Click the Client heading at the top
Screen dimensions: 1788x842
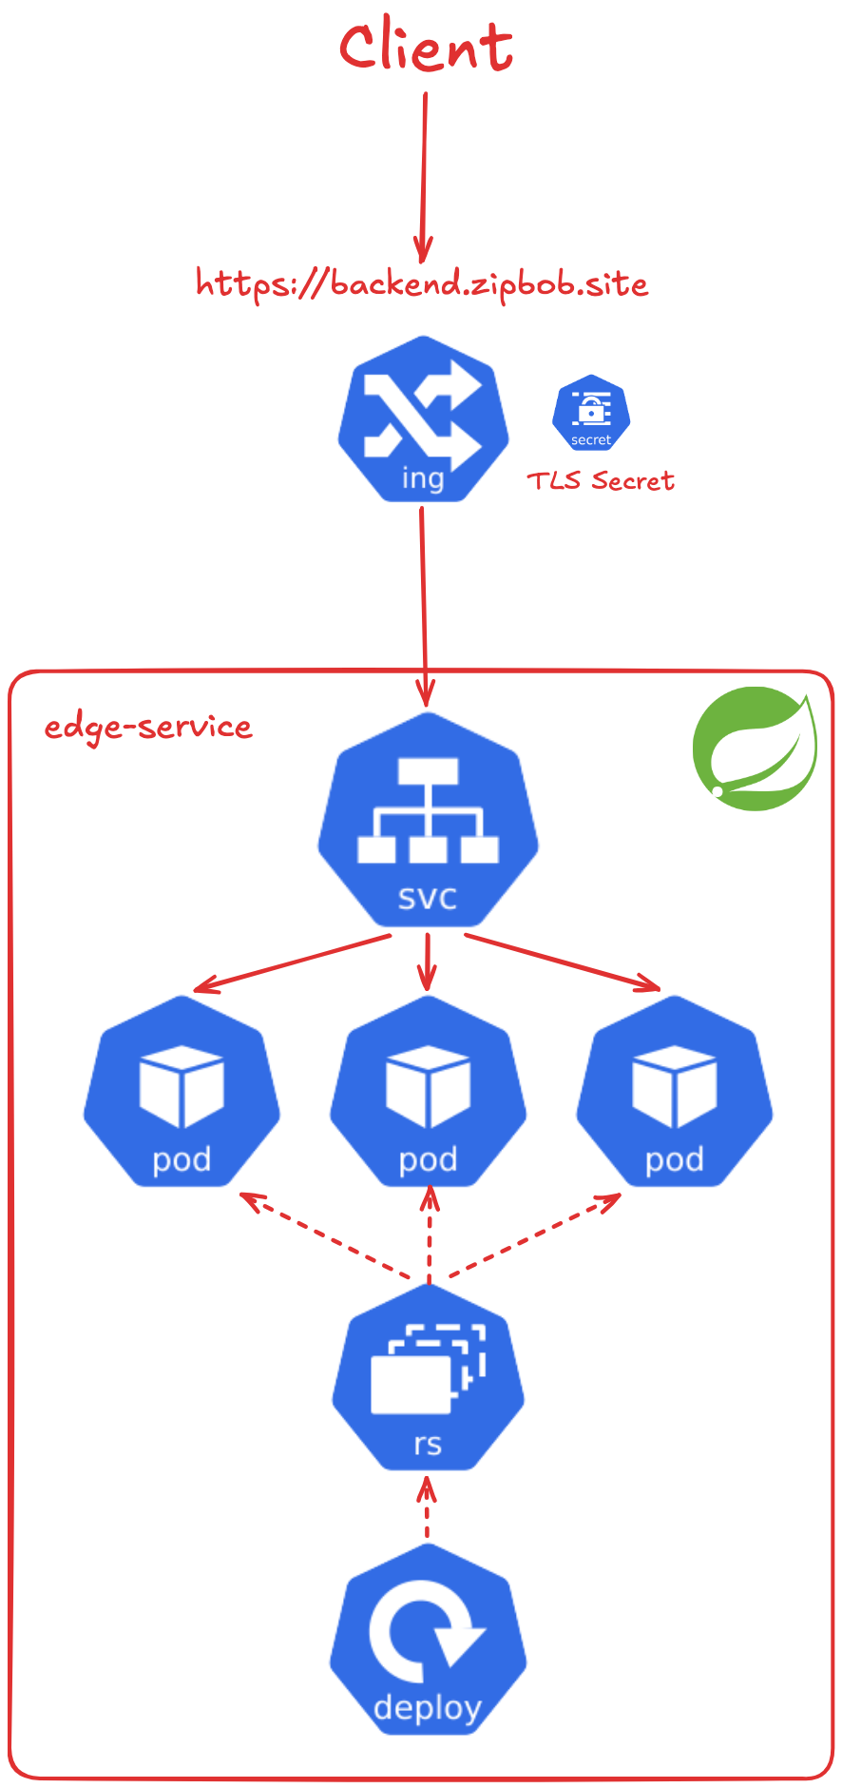click(426, 48)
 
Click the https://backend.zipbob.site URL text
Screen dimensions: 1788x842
click(422, 283)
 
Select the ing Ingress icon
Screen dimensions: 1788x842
click(424, 418)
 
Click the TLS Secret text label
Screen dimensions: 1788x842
click(601, 480)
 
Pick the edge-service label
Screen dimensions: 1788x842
click(148, 727)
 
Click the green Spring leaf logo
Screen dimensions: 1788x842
click(755, 748)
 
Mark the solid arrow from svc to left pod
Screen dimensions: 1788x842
click(290, 964)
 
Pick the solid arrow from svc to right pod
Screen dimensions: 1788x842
click(563, 962)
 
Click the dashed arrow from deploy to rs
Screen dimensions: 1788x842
click(427, 1508)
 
